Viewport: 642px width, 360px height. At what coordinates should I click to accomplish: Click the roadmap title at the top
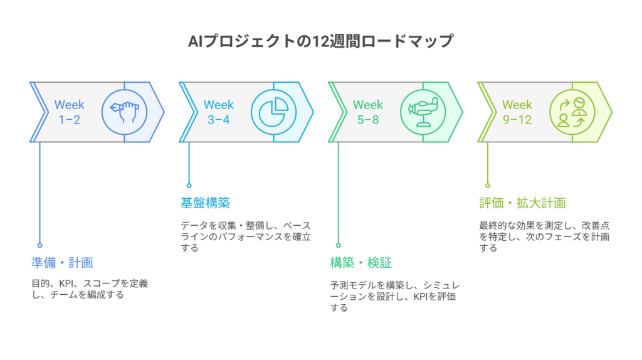click(x=320, y=41)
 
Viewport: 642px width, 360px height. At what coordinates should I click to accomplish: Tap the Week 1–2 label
click(x=69, y=112)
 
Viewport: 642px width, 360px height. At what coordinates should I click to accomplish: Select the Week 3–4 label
click(x=218, y=112)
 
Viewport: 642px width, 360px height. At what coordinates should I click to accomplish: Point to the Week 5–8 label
click(x=367, y=112)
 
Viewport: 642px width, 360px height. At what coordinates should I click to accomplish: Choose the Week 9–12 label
click(x=517, y=112)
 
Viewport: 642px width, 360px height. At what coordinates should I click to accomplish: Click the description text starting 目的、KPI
click(x=89, y=289)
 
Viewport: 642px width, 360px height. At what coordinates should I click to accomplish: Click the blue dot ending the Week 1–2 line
click(x=39, y=245)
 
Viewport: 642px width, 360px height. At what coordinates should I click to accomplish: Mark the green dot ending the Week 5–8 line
click(x=338, y=245)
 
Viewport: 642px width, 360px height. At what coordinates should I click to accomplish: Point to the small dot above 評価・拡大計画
click(x=487, y=185)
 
